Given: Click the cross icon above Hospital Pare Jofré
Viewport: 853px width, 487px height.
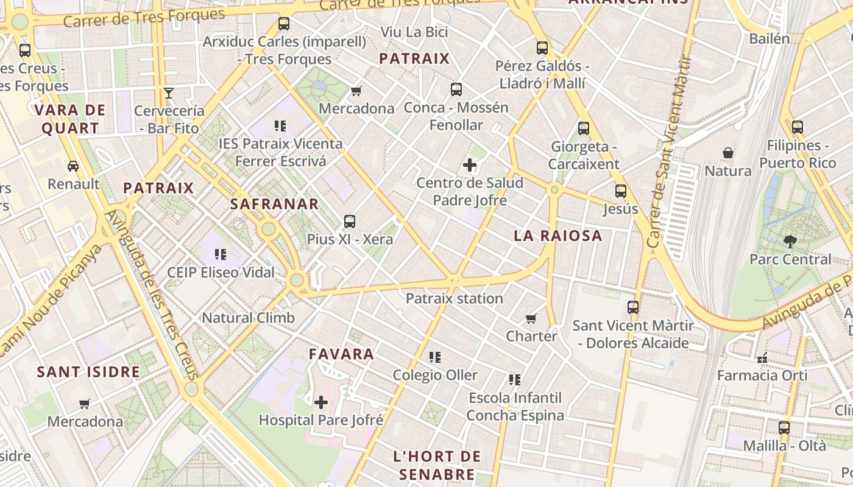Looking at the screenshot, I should tap(321, 402).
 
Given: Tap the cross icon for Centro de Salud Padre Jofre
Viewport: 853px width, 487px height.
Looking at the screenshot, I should tap(470, 165).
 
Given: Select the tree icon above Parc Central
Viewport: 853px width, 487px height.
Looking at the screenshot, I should tap(790, 241).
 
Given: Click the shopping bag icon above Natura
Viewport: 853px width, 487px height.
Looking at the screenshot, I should tap(727, 152).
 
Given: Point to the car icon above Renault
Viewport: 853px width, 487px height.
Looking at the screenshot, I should tap(73, 166).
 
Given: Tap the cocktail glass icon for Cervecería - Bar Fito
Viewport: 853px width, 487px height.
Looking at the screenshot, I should tap(169, 93).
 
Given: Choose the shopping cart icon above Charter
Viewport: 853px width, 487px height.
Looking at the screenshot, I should tap(531, 318).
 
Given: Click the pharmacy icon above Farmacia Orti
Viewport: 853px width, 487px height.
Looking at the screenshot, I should tap(762, 358).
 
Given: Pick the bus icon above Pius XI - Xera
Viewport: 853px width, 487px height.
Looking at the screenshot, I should tap(350, 222).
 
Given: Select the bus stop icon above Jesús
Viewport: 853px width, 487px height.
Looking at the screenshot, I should tap(621, 191).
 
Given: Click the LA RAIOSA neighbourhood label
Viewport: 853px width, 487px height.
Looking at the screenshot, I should tap(558, 236).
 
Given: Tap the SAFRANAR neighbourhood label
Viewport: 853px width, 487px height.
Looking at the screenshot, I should tap(275, 204).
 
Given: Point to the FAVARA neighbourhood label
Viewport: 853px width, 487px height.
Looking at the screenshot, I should tap(341, 354).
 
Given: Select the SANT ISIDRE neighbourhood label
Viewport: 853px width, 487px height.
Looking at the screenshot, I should tap(89, 371).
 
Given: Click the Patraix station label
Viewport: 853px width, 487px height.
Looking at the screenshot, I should tap(455, 298).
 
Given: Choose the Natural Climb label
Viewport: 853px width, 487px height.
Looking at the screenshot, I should tap(248, 317).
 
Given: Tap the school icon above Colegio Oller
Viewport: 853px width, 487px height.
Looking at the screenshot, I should tap(435, 357).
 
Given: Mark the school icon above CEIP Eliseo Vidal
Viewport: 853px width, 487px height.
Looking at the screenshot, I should tap(221, 254).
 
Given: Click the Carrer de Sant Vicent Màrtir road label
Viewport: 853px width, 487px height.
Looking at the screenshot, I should tap(670, 152).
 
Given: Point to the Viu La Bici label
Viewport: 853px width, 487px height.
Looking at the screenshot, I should tap(414, 32).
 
